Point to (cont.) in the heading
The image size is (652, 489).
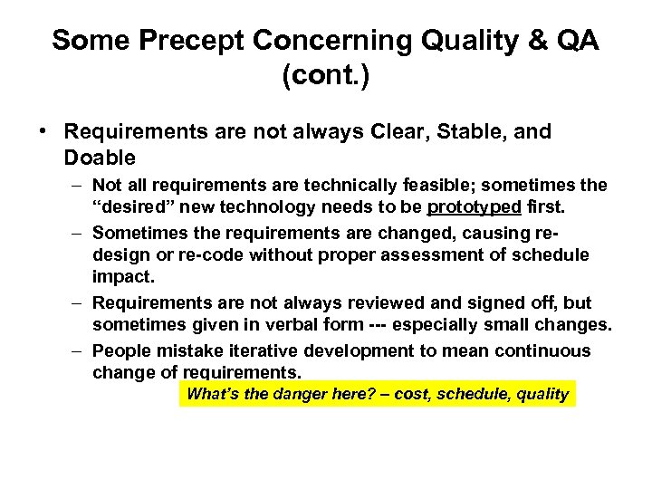(326, 76)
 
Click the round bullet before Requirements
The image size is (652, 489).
(43, 132)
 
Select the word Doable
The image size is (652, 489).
(100, 158)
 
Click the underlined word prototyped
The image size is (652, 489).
(474, 206)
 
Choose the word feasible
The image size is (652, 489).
(430, 187)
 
